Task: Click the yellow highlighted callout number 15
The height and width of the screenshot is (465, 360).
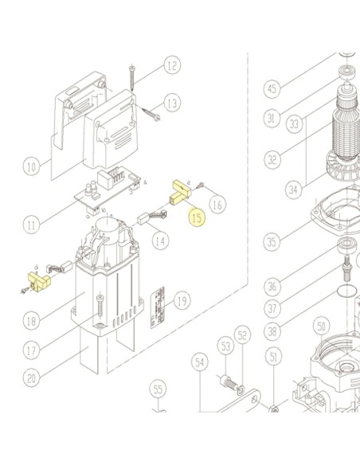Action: pyautogui.click(x=198, y=218)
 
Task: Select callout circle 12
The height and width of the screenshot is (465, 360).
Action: pyautogui.click(x=172, y=65)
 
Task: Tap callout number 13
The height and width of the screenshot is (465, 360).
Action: pyautogui.click(x=172, y=103)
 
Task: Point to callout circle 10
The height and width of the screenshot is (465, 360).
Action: pyautogui.click(x=31, y=166)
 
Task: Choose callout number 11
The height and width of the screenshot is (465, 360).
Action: pyautogui.click(x=31, y=225)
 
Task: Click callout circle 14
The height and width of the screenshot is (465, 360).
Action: pyautogui.click(x=160, y=240)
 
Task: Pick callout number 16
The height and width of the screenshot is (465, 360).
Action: pyautogui.click(x=217, y=205)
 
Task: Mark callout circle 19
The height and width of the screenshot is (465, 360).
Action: pyautogui.click(x=182, y=301)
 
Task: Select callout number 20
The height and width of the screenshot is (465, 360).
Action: pyautogui.click(x=31, y=378)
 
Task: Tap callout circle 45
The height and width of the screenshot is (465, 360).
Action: pyautogui.click(x=272, y=88)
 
